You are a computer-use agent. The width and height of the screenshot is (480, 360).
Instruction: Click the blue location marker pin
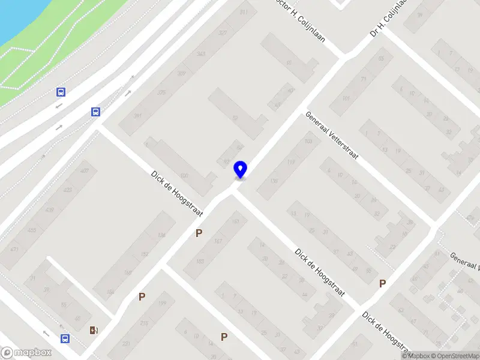click(240, 170)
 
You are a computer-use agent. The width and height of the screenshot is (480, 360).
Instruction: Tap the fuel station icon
click(93, 329)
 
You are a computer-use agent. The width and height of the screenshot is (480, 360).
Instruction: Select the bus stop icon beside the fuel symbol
click(64, 338)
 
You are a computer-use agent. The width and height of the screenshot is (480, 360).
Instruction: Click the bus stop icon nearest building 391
click(95, 112)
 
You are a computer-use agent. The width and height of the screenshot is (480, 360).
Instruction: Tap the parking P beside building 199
click(142, 296)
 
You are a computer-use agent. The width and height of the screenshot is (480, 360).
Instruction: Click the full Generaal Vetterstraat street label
click(332, 136)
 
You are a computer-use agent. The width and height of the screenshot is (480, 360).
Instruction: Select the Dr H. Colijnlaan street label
click(389, 19)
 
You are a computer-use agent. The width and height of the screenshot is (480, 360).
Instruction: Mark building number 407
click(84, 171)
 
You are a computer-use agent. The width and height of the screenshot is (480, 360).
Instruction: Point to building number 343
click(201, 55)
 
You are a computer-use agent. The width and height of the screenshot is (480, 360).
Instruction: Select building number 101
click(346, 98)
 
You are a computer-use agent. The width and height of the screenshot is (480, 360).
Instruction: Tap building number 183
click(200, 261)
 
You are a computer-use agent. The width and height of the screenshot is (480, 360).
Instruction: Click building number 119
click(292, 161)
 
